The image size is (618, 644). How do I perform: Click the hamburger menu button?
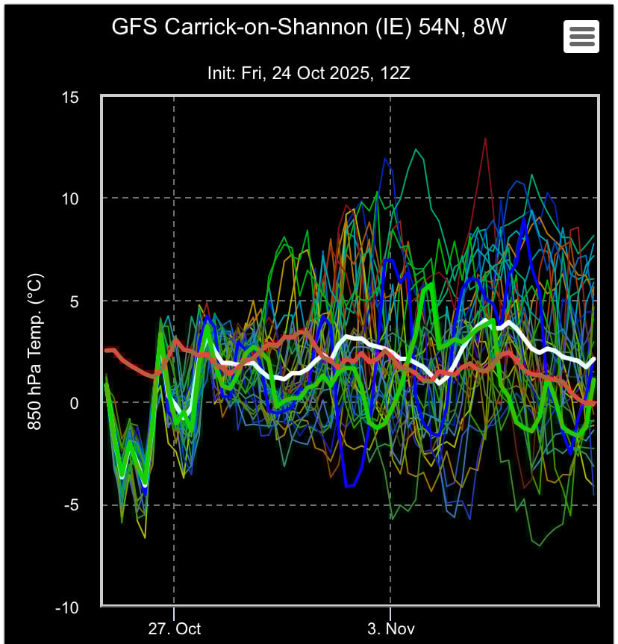click(x=581, y=36)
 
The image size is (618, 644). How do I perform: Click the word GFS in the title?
click(x=133, y=28)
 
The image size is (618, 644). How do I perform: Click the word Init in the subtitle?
click(x=220, y=73)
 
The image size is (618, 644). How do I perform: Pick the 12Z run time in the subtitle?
click(x=394, y=73)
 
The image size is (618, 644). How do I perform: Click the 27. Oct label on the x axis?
click(x=174, y=628)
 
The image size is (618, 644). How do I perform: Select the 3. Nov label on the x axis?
click(x=391, y=628)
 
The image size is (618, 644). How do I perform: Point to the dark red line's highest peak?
click(x=485, y=138)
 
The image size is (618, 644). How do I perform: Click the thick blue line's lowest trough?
click(x=348, y=486)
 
